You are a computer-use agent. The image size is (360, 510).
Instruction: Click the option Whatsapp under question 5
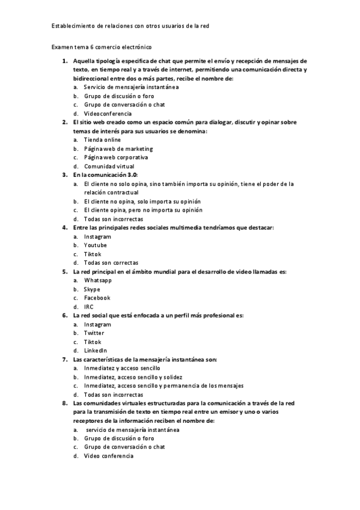coord(97,280)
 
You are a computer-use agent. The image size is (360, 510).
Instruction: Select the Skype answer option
coord(92,289)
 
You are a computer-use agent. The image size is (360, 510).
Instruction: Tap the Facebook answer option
coord(97,298)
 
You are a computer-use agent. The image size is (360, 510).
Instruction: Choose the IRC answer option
coord(89,307)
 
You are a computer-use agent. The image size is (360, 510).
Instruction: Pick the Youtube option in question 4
coord(95,245)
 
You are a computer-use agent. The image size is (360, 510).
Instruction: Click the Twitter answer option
coord(94,333)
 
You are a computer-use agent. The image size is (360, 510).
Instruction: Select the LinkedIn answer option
coord(96,350)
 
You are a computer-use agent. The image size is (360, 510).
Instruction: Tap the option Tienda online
coord(102,140)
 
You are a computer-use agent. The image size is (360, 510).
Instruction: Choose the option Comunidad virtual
coord(109,166)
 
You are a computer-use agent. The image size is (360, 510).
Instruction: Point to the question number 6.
coord(64,315)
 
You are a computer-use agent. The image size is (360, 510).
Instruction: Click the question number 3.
coord(64,174)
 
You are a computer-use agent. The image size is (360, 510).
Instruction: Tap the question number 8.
coord(64,403)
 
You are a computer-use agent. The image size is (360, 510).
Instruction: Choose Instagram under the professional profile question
coord(97,324)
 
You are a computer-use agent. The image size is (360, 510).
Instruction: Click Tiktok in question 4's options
coord(93,254)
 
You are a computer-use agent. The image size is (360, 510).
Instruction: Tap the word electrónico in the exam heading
coord(138,46)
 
